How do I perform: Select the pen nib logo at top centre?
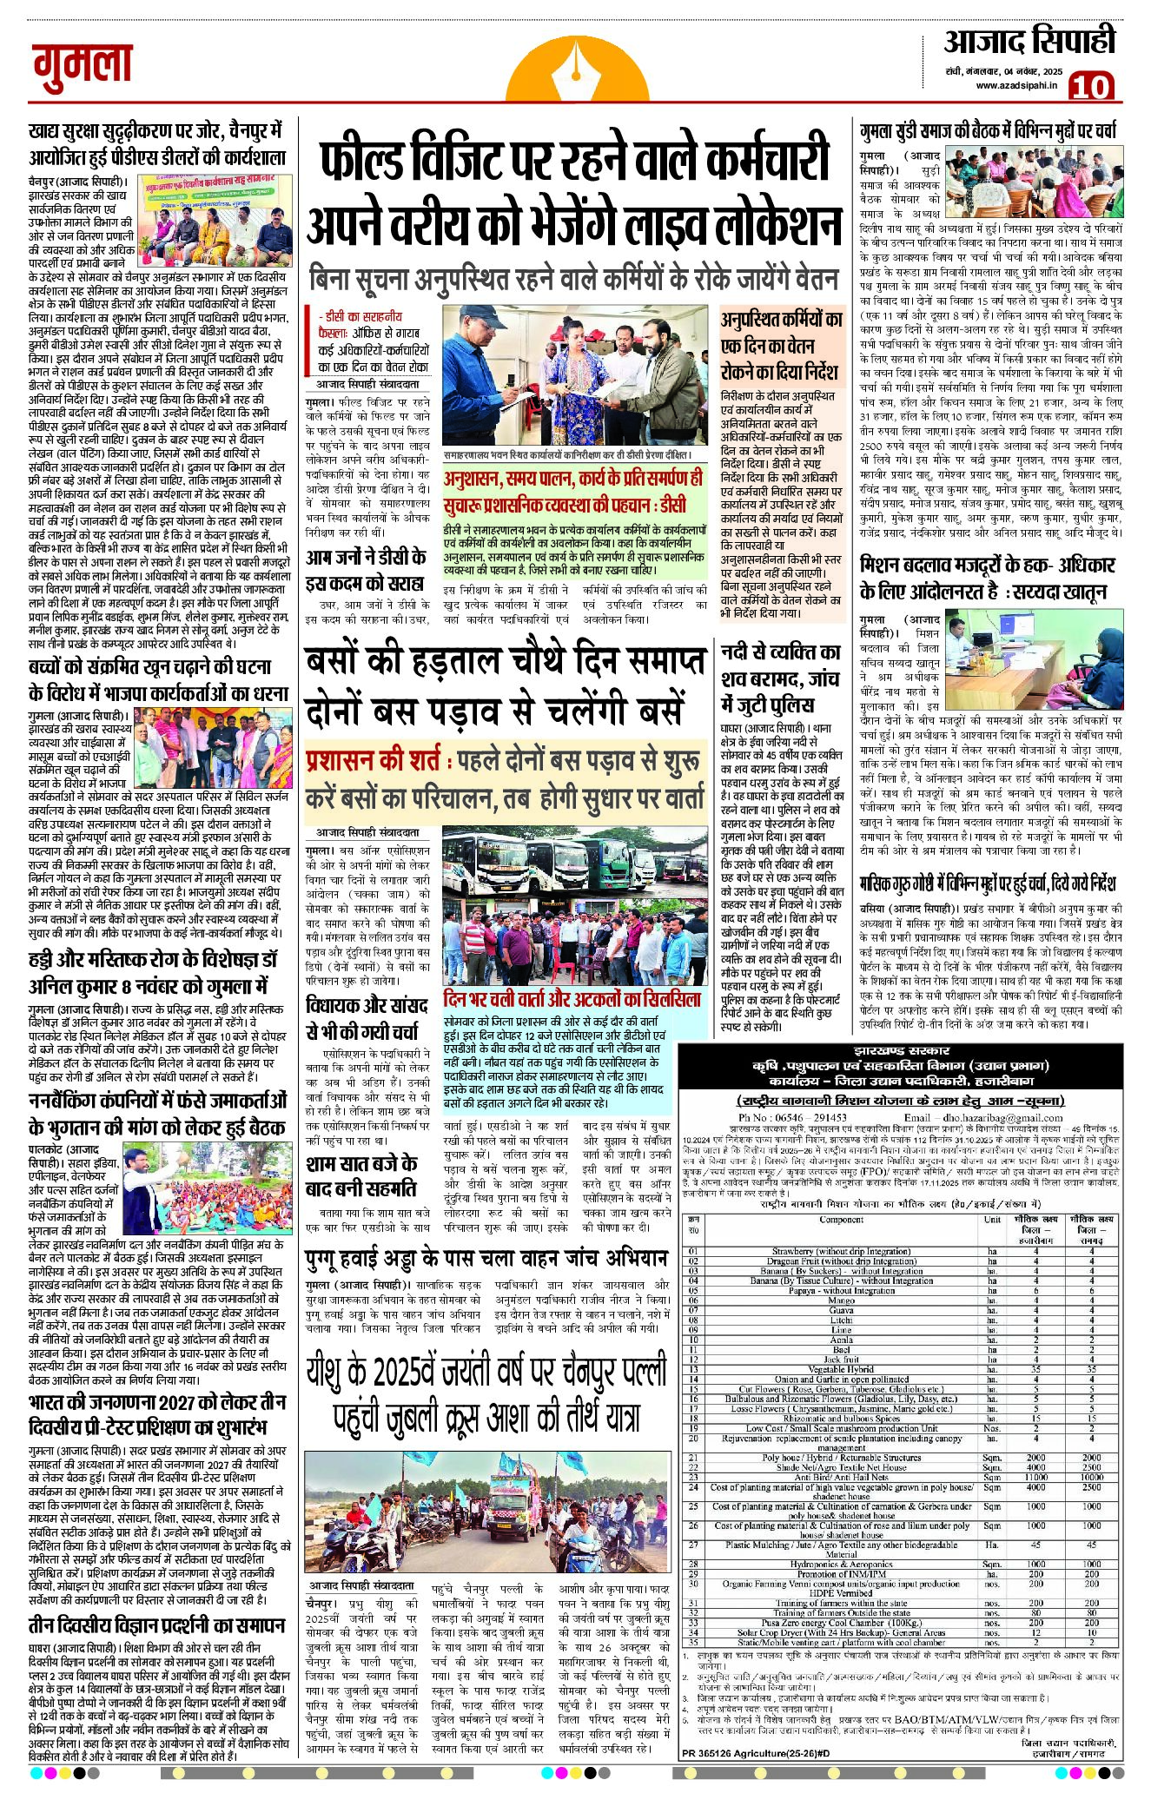(575, 75)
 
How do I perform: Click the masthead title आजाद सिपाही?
(1029, 41)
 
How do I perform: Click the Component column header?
(841, 1220)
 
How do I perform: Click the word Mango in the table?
(842, 1300)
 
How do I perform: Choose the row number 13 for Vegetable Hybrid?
(693, 1368)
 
